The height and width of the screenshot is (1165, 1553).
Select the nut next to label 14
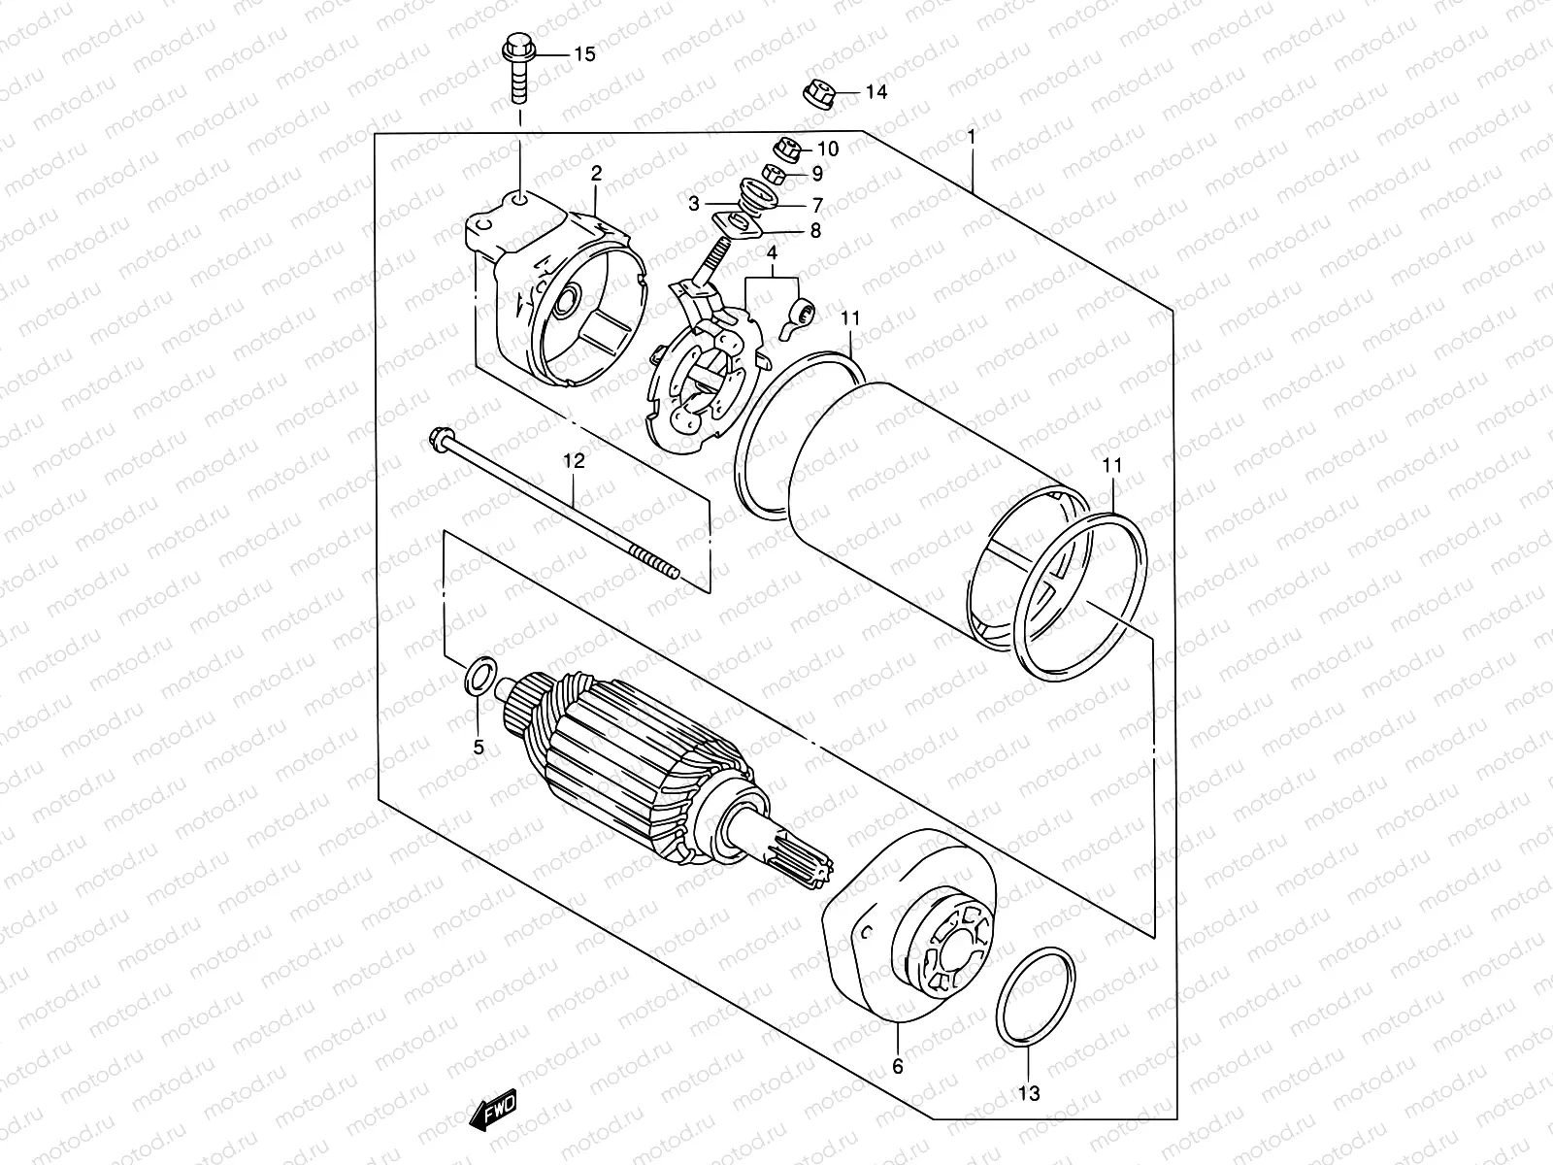pyautogui.click(x=818, y=93)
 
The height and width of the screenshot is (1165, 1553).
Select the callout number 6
pyautogui.click(x=898, y=1066)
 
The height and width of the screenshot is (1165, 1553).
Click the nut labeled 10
pyautogui.click(x=784, y=149)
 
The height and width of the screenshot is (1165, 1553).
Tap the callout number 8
pyautogui.click(x=815, y=231)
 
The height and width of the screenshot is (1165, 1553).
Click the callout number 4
pyautogui.click(x=772, y=254)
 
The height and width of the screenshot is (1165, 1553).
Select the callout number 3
pyautogui.click(x=694, y=204)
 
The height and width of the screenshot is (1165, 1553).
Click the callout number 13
pyautogui.click(x=1030, y=1093)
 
